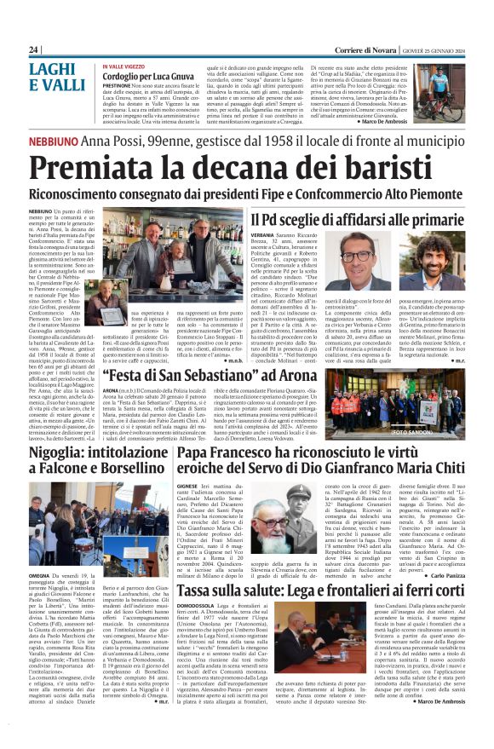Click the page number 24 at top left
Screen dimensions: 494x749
[33, 50]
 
